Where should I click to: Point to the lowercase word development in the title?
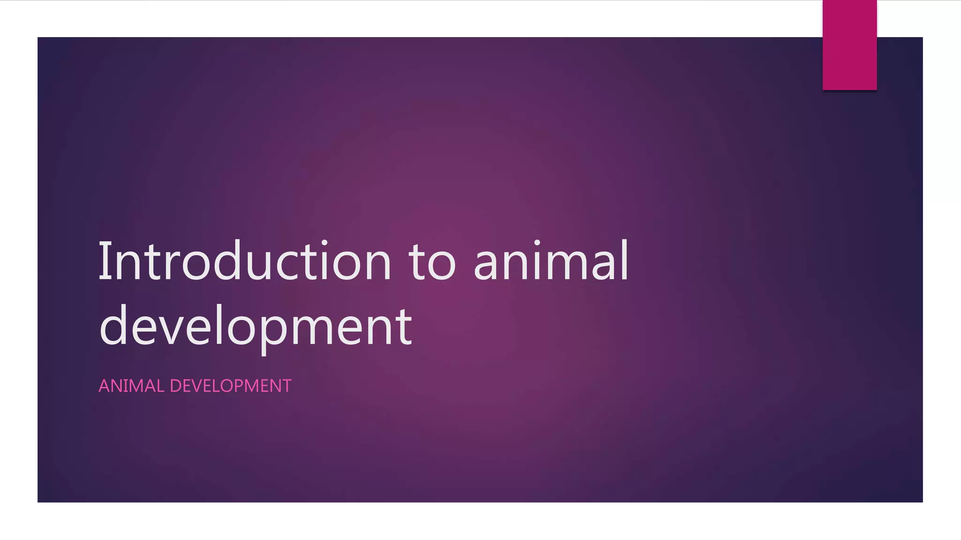(256, 326)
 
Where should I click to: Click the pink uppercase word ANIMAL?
(131, 386)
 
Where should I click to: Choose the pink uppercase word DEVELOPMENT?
(230, 386)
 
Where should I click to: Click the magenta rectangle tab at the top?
(849, 45)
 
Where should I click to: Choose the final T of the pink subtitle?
(286, 386)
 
